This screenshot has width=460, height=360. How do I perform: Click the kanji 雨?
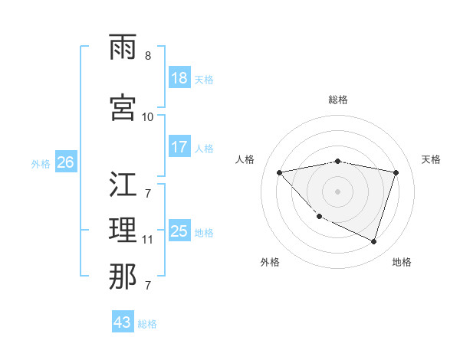(x=123, y=50)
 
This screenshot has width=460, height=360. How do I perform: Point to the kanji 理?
(x=123, y=230)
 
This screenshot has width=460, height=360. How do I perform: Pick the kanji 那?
(x=123, y=276)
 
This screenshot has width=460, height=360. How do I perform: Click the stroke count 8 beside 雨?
(x=148, y=56)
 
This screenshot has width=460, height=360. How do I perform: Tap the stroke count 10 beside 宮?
(x=148, y=116)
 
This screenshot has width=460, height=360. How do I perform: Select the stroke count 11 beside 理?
(x=148, y=240)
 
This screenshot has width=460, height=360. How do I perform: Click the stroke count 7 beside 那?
(x=148, y=286)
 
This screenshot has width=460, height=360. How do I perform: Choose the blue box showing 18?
(x=179, y=78)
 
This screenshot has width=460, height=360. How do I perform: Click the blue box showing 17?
(x=179, y=147)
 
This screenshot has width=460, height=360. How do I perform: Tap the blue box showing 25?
(x=179, y=231)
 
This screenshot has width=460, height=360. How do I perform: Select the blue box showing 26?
(x=66, y=162)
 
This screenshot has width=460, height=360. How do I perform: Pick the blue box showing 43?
(x=122, y=322)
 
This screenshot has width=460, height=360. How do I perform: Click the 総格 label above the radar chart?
(x=338, y=100)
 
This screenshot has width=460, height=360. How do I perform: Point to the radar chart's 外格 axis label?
(x=270, y=263)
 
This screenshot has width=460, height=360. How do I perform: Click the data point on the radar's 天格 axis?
(x=396, y=172)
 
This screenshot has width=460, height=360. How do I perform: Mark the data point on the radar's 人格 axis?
(x=280, y=172)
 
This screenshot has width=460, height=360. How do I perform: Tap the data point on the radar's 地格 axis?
(x=374, y=242)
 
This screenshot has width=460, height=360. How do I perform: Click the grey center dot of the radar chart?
(x=338, y=191)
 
